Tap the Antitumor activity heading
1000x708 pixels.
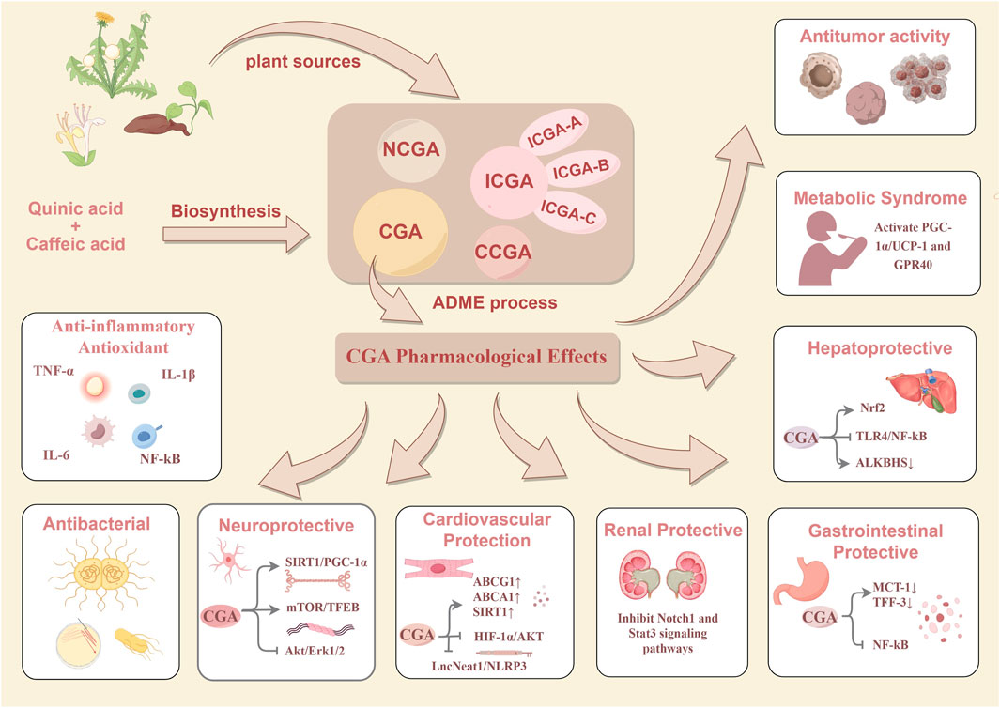[886, 38]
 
